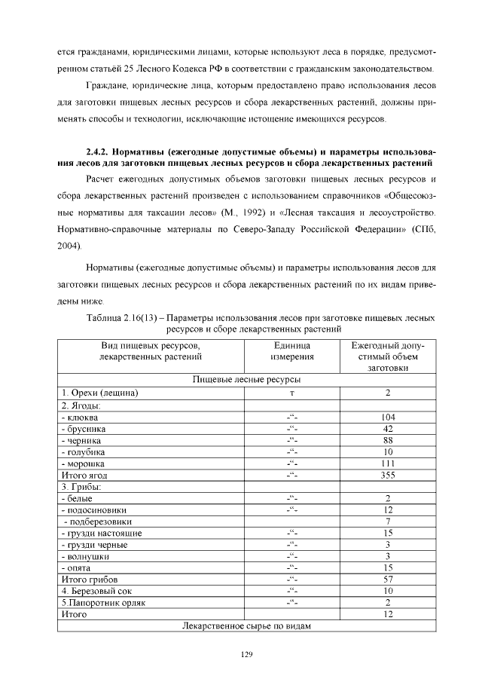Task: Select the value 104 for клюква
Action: (388, 417)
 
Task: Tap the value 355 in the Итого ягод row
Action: (388, 476)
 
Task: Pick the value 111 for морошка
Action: (388, 463)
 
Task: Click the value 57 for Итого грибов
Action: (388, 580)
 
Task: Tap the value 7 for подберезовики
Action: (388, 521)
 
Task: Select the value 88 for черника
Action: (388, 440)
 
